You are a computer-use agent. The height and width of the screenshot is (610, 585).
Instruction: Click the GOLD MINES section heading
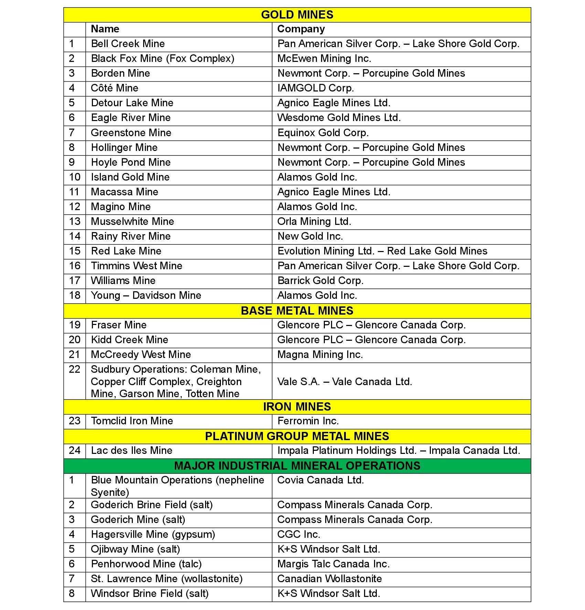pos(297,15)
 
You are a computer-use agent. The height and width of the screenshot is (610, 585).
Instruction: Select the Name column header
pos(105,29)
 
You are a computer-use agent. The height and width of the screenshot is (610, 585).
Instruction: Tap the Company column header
pos(301,29)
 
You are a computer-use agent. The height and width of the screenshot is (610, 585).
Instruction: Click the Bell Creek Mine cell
pos(128,44)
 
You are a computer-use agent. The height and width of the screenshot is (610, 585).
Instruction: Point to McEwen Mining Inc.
pos(324,59)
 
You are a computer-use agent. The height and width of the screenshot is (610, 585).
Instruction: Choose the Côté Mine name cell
pos(115,88)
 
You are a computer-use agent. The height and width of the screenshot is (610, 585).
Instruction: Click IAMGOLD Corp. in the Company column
pos(316,88)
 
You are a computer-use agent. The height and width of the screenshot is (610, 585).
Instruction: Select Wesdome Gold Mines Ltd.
pos(339,118)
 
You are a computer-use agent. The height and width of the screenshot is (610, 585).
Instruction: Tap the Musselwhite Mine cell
pos(132,222)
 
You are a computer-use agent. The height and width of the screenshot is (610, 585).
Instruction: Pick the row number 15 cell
pos(75,251)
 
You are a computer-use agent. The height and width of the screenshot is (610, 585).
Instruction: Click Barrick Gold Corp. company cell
pos(320,281)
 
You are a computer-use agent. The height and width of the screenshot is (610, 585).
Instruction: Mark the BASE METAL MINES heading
pos(297,311)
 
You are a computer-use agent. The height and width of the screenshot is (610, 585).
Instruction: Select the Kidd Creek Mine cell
pos(129,340)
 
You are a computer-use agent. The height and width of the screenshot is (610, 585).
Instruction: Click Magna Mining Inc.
pos(320,355)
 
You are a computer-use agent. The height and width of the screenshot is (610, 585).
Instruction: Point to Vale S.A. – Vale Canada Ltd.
pos(344,382)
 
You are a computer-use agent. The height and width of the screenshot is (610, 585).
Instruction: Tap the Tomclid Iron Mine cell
pos(132,421)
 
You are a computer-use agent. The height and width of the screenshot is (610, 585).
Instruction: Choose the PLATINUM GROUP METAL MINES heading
pos(297,436)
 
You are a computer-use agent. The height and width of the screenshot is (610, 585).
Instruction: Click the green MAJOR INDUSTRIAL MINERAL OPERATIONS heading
pos(297,466)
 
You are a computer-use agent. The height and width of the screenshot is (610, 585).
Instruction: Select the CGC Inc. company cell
pos(299,535)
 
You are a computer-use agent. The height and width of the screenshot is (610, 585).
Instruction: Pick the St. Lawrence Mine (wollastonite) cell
pos(167,579)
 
